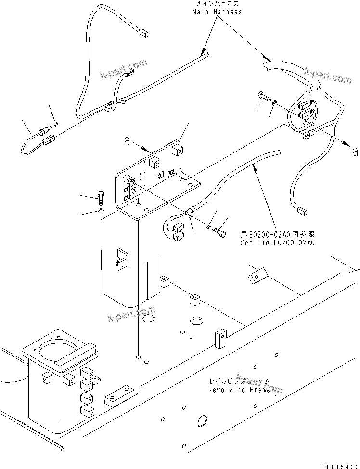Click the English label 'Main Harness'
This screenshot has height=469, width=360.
218,11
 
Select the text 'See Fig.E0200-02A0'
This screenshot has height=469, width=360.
278,243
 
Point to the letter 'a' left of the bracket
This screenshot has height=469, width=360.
127,141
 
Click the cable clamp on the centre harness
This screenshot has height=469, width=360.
189,212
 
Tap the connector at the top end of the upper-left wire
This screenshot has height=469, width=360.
143,33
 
